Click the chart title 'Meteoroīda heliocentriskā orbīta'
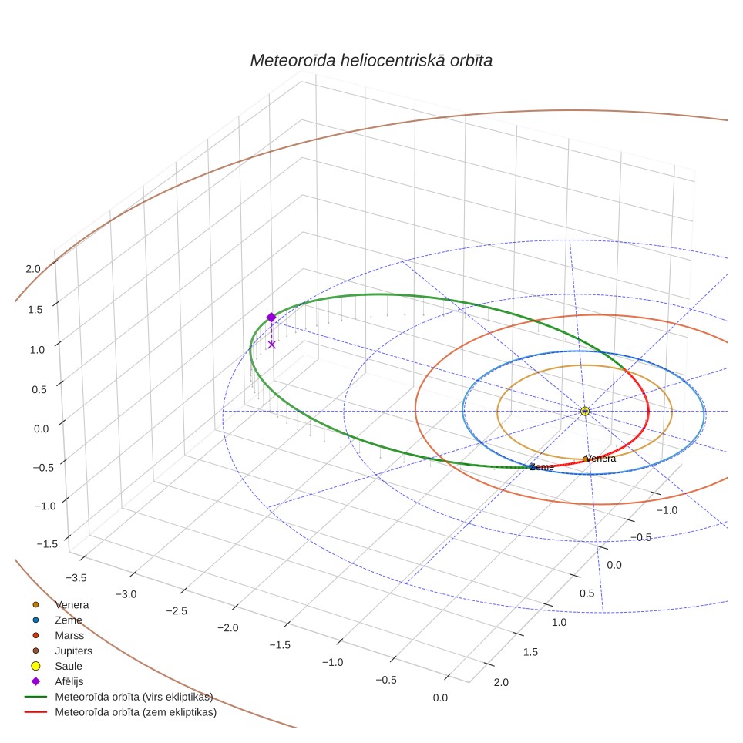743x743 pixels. pyautogui.click(x=371, y=61)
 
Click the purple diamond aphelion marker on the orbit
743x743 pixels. pyautogui.click(x=271, y=317)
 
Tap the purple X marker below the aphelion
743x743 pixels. pyautogui.click(x=271, y=345)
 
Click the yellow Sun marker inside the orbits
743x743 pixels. pyautogui.click(x=585, y=411)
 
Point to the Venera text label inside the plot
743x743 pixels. pyautogui.click(x=601, y=459)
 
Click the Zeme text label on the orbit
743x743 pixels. pyautogui.click(x=542, y=467)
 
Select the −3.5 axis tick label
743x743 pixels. pyautogui.click(x=76, y=577)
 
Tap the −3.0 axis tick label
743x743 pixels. pyautogui.click(x=126, y=594)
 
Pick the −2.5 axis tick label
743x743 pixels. pyautogui.click(x=177, y=610)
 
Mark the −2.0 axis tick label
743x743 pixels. pyautogui.click(x=228, y=628)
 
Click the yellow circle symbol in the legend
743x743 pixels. pyautogui.click(x=35, y=666)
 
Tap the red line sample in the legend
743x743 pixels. pyautogui.click(x=35, y=712)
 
